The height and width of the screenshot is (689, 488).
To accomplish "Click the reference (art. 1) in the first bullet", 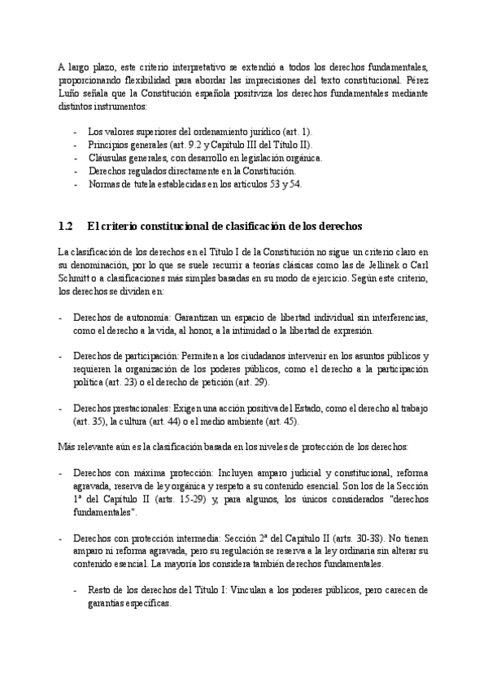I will coord(295,132).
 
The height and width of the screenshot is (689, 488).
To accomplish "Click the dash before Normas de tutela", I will coord(76,184).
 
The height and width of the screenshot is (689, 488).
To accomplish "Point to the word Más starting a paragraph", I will coord(67,447).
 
